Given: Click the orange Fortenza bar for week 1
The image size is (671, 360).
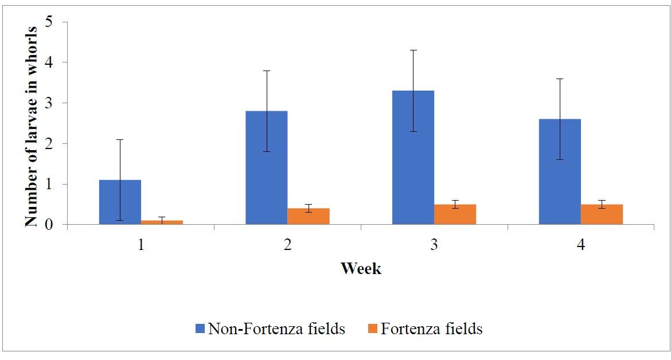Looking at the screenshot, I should click(162, 222).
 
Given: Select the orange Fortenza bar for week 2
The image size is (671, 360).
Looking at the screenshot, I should click(308, 217).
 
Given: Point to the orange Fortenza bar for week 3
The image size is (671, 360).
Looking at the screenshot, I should click(455, 214).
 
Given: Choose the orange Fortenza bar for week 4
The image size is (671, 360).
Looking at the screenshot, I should click(602, 214).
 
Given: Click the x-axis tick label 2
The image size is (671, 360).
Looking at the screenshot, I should click(287, 245).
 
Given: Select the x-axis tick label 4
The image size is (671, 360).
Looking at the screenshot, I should click(581, 245).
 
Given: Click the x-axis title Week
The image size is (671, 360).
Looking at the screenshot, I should click(361, 268).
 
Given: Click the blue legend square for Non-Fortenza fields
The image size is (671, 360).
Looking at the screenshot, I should click(200, 329).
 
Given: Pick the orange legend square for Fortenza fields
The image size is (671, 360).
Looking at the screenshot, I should click(372, 329).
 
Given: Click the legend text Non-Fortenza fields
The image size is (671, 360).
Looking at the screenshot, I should click(276, 329).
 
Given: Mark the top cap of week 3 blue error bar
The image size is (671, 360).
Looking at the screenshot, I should click(413, 50).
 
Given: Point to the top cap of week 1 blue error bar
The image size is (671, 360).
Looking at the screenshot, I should click(120, 139).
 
